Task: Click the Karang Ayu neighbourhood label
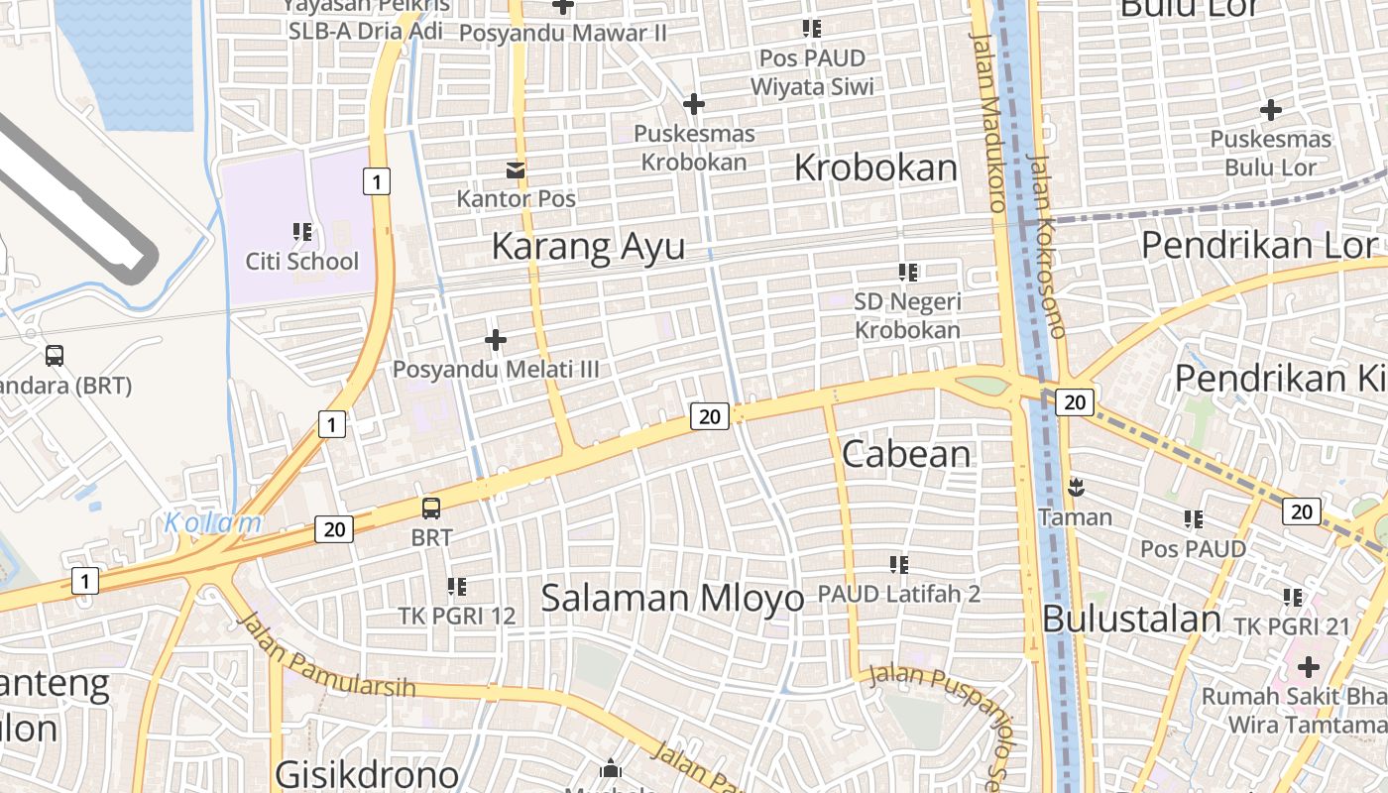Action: coord(588,246)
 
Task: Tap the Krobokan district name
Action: coord(875,169)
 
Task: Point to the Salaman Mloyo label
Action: coord(672,598)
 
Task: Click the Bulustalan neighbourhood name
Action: coord(1131,620)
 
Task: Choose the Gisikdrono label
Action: coord(366,774)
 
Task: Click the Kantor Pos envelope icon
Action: coord(516,170)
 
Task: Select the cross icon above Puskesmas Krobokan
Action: coord(694,103)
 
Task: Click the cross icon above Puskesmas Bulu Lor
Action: coord(1270,110)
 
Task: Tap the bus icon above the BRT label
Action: coord(431,509)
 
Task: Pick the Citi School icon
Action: coord(302,233)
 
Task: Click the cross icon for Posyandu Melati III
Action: coord(496,340)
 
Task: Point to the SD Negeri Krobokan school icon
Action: coord(907,272)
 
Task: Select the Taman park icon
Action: coord(1075,488)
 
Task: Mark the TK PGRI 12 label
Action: coord(457,616)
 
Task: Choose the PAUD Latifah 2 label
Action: coord(898,594)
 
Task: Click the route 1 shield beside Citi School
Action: coord(376,181)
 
